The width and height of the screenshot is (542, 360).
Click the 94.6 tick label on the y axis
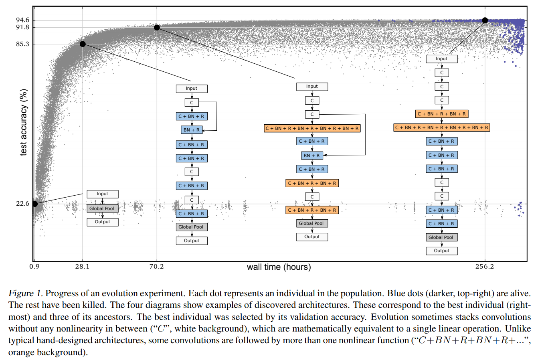click(x=22, y=20)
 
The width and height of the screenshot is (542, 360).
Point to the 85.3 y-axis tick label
click(x=22, y=44)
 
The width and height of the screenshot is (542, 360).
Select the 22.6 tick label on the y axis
click(x=22, y=204)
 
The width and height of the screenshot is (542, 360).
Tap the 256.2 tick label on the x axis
click(x=485, y=267)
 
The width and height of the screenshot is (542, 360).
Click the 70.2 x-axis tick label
click(x=156, y=267)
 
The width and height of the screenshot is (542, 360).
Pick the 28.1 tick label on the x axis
click(x=82, y=267)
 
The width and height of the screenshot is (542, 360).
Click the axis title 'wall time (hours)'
click(x=279, y=267)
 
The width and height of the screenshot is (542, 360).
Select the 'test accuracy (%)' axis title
click(x=24, y=122)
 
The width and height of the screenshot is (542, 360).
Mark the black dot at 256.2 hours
click(x=485, y=20)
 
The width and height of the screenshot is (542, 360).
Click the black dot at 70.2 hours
click(x=157, y=28)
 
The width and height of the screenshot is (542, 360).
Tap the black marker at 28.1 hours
click(x=83, y=44)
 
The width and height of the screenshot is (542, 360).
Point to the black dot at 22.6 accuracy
click(x=35, y=204)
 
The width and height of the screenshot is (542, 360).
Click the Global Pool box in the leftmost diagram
click(x=102, y=208)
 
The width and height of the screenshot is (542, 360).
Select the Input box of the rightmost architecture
click(x=441, y=59)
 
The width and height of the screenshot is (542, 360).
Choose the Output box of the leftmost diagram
click(x=102, y=222)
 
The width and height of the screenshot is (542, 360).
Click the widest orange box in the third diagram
click(x=312, y=128)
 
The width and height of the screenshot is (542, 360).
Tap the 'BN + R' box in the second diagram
click(x=192, y=130)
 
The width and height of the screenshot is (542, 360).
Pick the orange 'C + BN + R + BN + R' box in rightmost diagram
click(x=441, y=114)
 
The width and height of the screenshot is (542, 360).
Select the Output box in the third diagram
click(x=312, y=237)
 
